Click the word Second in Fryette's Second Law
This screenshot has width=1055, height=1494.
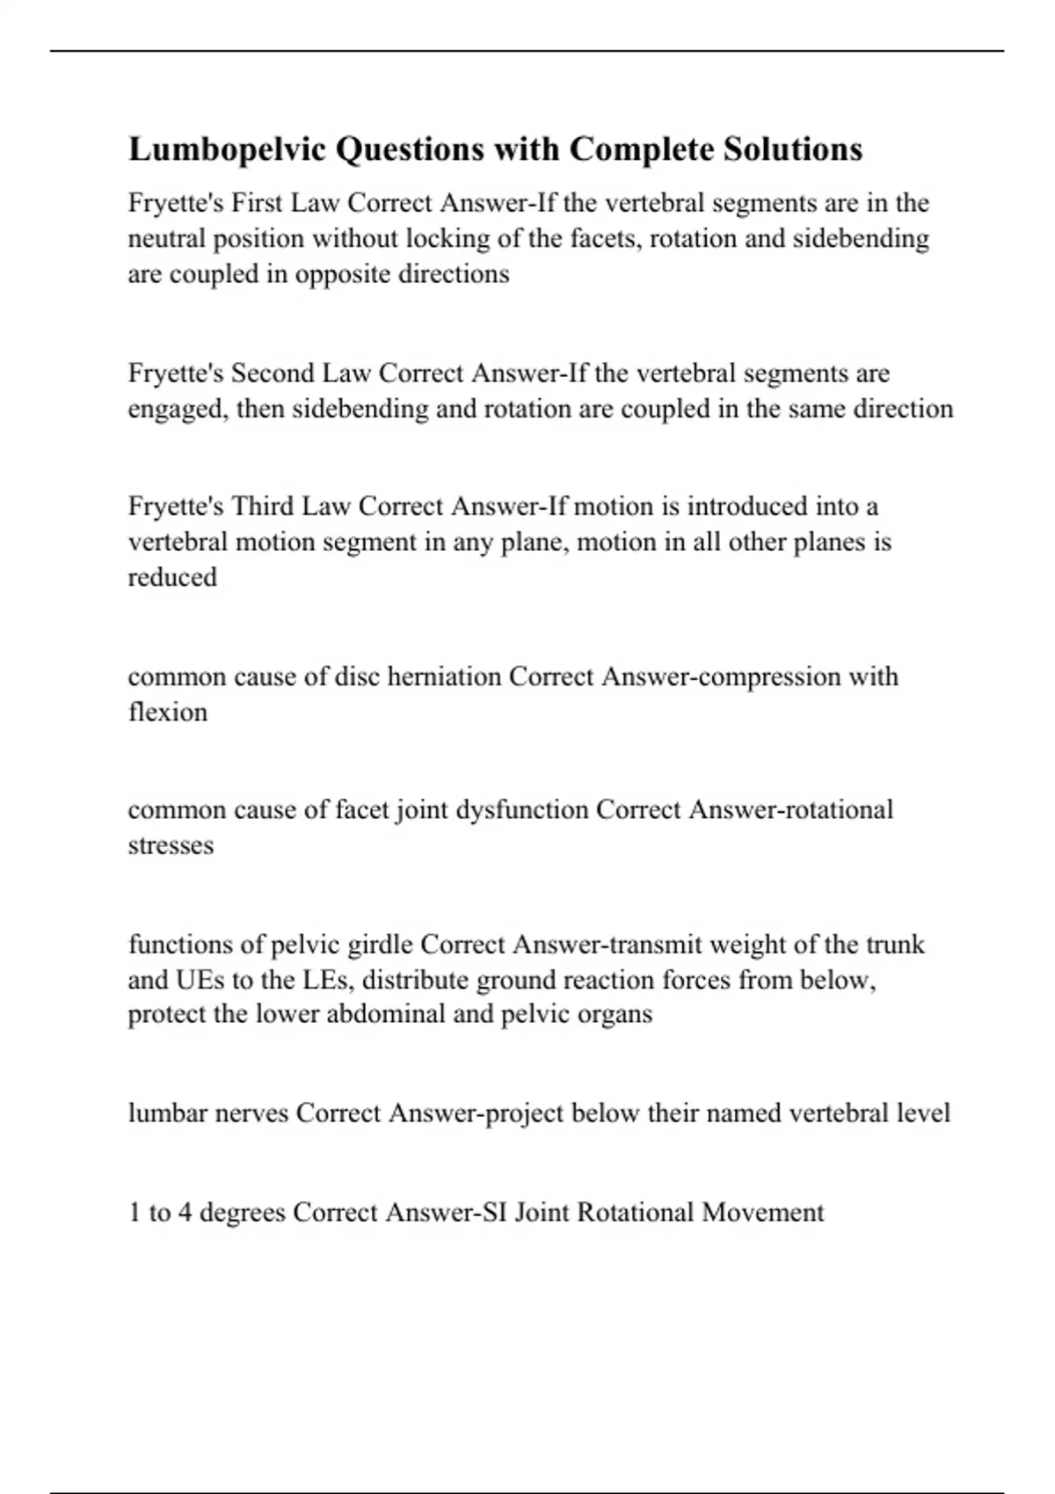[273, 373]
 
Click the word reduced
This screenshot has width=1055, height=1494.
[172, 577]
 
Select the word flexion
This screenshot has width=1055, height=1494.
[168, 712]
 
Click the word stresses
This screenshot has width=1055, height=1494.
[171, 845]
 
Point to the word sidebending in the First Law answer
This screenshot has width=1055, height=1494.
[861, 239]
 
